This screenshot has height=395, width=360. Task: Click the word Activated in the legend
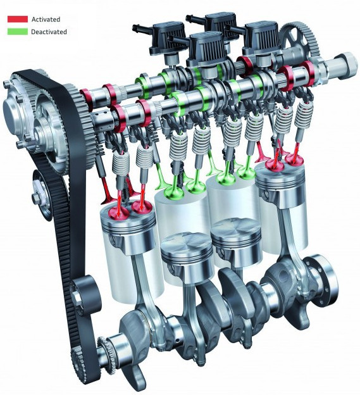46,20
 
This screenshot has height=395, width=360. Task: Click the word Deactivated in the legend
49,32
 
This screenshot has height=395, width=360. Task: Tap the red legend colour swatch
18,19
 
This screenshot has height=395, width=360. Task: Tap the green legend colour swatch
18,32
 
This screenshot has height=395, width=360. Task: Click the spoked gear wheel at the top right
300,42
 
